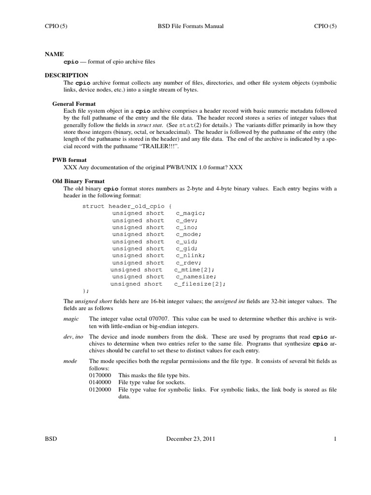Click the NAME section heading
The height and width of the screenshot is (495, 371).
(54, 55)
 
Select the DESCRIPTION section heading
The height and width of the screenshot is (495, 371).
(67, 75)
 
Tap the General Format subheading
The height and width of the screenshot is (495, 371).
(74, 103)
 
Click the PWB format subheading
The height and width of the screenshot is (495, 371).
(69, 160)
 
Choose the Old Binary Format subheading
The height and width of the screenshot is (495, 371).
(78, 180)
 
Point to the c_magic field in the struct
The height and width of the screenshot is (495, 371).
(190, 213)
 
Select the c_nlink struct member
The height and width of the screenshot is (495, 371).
(190, 256)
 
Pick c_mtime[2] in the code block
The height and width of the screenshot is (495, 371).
(194, 270)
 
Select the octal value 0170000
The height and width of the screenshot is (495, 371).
(100, 375)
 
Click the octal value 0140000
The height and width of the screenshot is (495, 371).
(100, 382)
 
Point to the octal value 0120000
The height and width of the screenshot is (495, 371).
(100, 389)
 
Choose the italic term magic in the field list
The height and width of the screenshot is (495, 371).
(71, 319)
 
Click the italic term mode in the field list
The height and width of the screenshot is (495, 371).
(71, 362)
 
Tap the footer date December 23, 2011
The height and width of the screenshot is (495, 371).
(191, 439)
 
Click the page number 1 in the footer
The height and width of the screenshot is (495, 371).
(334, 439)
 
